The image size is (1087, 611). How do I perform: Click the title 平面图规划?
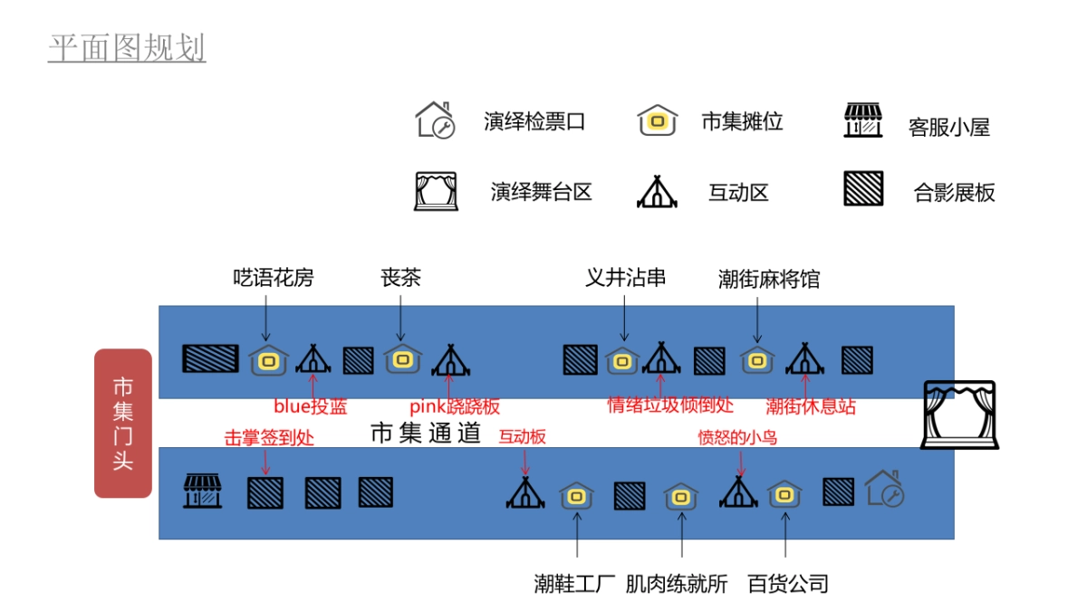coord(127,49)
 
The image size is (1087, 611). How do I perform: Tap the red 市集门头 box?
coord(122,423)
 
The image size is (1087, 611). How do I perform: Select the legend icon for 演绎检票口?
coord(434,120)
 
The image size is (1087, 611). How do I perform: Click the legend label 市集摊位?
coord(742,121)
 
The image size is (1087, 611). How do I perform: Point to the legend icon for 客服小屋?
coord(862,120)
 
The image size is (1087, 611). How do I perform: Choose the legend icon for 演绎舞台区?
coord(434,191)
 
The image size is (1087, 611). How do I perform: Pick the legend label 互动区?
coord(738,193)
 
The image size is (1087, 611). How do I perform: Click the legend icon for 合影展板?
coord(862,189)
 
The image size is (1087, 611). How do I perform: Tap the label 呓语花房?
coord(273,278)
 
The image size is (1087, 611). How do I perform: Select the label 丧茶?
coord(400,278)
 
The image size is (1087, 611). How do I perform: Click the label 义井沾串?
coord(625,278)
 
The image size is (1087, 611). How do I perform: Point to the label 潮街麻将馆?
coord(768,279)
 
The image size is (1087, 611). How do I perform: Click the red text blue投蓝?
coord(311,406)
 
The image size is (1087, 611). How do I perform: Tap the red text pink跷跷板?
coord(455,406)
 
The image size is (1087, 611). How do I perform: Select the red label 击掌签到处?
coord(269,438)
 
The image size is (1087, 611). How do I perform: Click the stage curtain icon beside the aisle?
coord(958,415)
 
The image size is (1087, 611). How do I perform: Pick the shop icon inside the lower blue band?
coord(203,491)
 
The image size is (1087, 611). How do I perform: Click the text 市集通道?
coord(426,434)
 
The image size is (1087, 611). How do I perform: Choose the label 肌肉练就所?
coord(677,584)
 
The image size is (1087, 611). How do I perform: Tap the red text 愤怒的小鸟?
coord(736,437)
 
